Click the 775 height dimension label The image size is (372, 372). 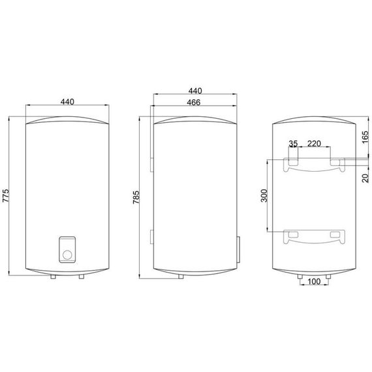tap(6, 196)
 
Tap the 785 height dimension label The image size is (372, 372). tap(136, 197)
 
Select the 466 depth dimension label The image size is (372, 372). tap(194, 102)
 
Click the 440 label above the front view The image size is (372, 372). tap(67, 102)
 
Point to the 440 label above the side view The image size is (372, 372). tap(195, 91)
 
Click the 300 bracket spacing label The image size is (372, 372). tap(264, 196)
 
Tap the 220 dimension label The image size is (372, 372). tap(314, 144)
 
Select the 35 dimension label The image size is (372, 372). tap(293, 144)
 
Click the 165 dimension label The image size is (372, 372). tap(365, 137)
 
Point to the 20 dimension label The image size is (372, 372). tap(366, 178)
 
